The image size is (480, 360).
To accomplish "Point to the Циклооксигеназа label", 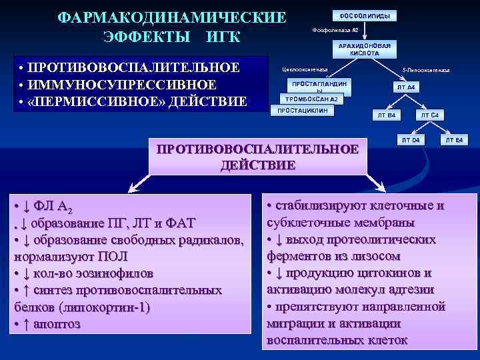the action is tap(305, 69).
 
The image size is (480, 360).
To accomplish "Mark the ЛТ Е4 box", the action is tap(455, 140).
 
